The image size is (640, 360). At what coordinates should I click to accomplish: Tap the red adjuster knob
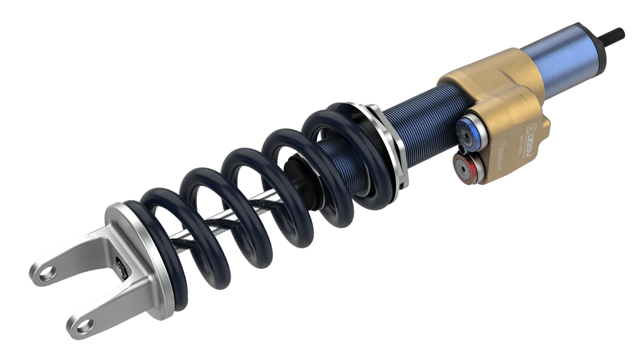(x=465, y=167)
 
